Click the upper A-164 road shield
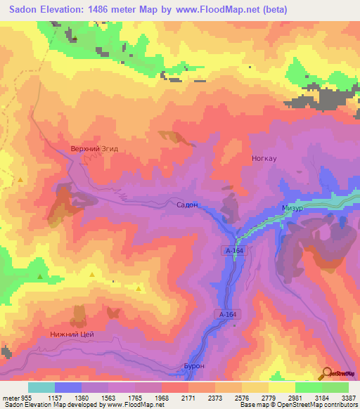(235, 251)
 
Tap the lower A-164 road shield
(225, 315)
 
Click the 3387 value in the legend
(348, 398)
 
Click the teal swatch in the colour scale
(41, 387)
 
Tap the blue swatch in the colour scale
(68, 387)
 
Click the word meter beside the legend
(10, 398)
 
